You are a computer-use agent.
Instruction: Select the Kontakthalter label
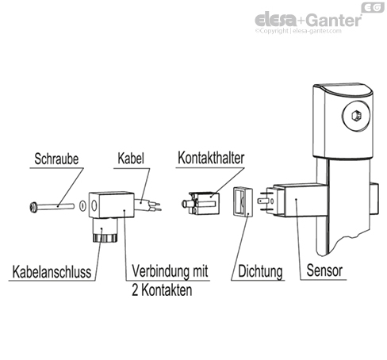tap(205, 158)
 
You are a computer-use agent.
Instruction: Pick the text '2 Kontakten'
tap(163, 290)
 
